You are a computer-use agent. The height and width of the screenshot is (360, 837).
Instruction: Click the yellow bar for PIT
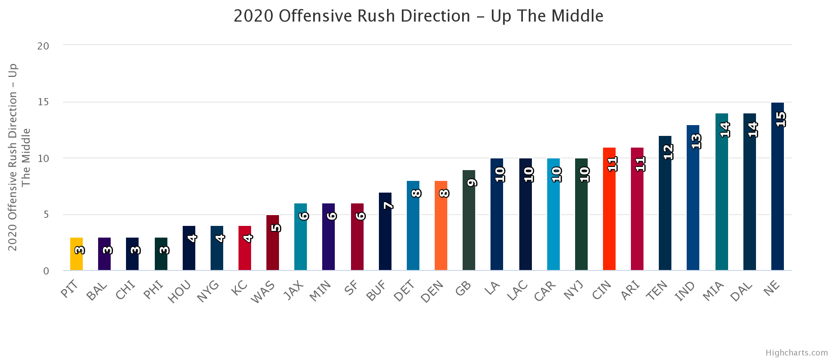coord(76,254)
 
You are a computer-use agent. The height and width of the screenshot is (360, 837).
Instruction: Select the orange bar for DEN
coord(441,225)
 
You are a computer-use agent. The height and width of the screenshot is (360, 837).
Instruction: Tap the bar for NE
coord(778,186)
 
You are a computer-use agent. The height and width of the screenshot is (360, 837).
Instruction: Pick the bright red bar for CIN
coord(609,209)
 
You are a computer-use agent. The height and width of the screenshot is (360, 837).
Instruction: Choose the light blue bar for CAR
coord(553,214)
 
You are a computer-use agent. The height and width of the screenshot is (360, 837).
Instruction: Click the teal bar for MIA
coord(722,192)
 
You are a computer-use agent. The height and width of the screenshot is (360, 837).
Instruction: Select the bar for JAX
coord(301,237)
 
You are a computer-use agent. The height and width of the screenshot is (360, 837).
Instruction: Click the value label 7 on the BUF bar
coord(388,206)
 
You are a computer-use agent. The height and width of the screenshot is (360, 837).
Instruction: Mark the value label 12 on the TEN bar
coord(668,152)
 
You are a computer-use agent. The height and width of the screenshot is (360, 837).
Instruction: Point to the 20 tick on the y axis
coord(44,46)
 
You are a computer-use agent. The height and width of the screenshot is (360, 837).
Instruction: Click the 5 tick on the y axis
coord(46,215)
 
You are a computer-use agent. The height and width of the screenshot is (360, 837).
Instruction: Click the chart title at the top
coord(418,16)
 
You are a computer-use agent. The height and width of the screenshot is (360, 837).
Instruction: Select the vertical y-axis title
coord(19,157)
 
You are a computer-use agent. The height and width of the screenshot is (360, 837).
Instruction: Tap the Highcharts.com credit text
coord(796,353)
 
